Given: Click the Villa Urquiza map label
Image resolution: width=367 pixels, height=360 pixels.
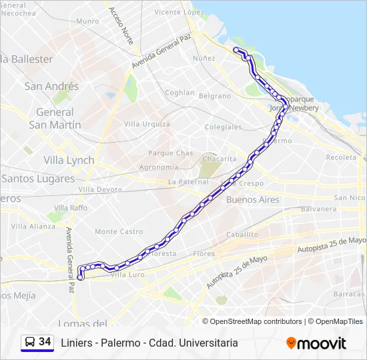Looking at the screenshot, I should [x=147, y=124].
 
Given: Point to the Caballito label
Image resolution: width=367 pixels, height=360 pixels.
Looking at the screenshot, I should [x=242, y=235].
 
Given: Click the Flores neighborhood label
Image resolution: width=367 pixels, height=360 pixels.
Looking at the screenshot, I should [x=204, y=253].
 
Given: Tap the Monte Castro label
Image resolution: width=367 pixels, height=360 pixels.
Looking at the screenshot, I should [x=119, y=231].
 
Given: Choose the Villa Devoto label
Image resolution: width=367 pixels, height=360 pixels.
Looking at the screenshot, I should [x=100, y=189].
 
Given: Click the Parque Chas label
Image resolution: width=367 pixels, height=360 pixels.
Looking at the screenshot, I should [x=170, y=153].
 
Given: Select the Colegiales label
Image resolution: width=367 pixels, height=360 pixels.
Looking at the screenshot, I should [x=223, y=127].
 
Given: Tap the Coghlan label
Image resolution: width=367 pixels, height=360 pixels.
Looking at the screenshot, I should [x=179, y=93].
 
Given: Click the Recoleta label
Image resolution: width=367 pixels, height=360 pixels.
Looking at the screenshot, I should [x=342, y=157].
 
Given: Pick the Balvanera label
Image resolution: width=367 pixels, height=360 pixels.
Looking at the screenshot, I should [x=318, y=209].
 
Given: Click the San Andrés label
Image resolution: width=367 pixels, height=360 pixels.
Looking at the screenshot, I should [x=51, y=86].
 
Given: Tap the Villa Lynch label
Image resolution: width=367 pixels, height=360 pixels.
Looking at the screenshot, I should [x=69, y=160].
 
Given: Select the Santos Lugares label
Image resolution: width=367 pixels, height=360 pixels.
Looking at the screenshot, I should [x=38, y=179].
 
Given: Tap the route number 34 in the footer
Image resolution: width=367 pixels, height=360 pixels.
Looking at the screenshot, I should [x=45, y=342].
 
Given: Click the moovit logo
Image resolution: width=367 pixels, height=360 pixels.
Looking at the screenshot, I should [x=316, y=343].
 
